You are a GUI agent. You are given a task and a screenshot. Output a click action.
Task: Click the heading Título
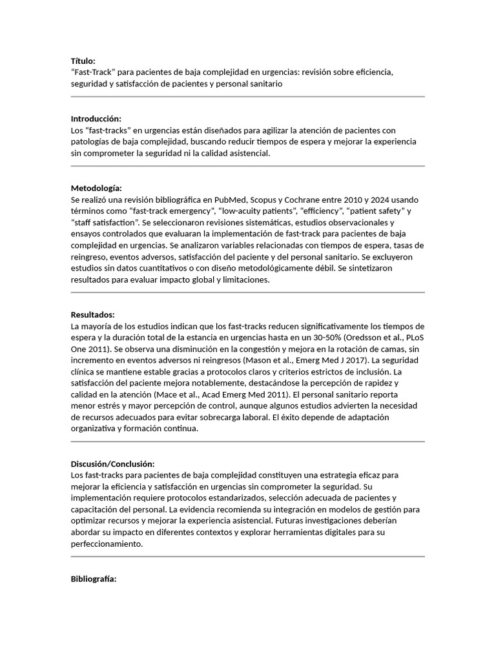coord(83,61)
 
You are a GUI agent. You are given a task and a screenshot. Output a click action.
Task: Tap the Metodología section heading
coord(96,188)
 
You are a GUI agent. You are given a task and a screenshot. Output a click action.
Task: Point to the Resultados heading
coord(92,314)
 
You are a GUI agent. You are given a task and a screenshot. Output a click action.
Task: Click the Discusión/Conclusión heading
coord(112,464)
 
